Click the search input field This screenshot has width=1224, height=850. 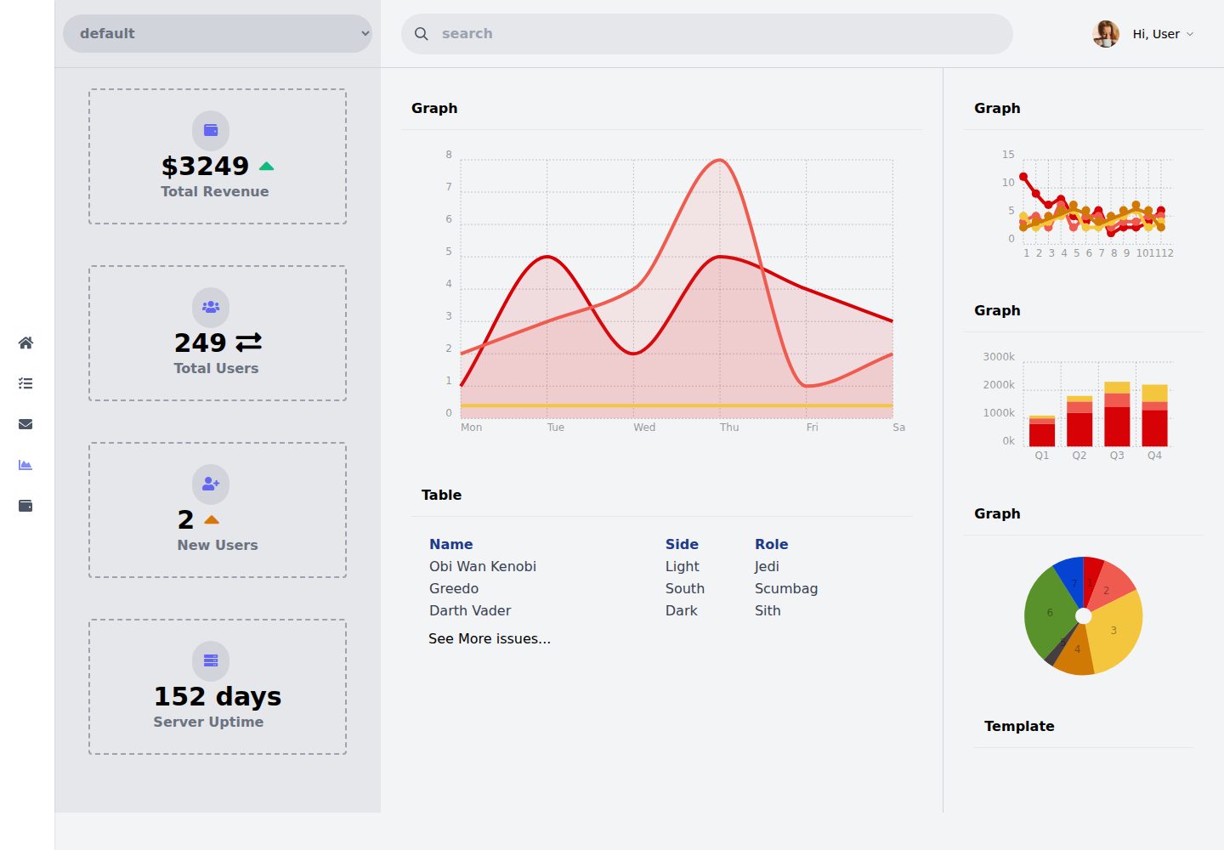click(706, 34)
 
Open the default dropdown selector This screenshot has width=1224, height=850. click(218, 34)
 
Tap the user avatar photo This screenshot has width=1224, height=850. click(1105, 34)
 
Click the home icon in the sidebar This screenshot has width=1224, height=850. click(25, 343)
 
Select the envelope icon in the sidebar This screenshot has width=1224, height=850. click(25, 424)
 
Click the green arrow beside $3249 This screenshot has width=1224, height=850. click(266, 166)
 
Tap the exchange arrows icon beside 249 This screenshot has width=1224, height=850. click(248, 343)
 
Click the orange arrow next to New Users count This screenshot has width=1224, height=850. click(212, 519)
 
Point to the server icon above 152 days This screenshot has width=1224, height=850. click(211, 660)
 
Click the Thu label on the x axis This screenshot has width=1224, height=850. click(729, 428)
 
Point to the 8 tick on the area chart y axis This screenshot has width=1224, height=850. click(449, 155)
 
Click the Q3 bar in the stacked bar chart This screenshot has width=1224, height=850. click(1117, 414)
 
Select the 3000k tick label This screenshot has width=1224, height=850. click(998, 357)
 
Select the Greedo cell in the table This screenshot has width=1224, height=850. click(454, 588)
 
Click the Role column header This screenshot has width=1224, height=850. click(771, 544)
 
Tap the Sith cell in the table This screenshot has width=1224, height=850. click(768, 610)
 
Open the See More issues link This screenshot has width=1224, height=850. click(489, 638)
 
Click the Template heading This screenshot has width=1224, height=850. click(1019, 726)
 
